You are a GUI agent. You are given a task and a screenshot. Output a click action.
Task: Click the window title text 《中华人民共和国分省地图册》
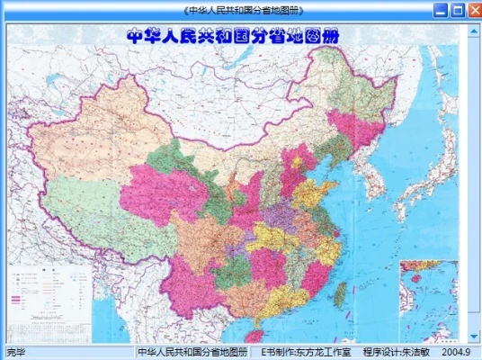241,10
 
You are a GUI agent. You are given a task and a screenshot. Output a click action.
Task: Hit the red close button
472,10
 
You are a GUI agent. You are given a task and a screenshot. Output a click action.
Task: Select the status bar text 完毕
16,352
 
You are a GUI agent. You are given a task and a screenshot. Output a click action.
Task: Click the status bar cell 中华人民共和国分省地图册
192,352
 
